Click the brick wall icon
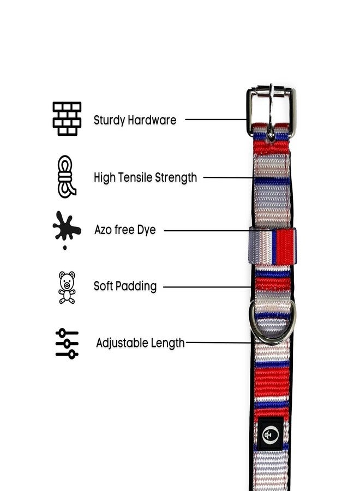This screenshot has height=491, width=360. (x=67, y=119)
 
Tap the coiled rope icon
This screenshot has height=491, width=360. (x=67, y=177)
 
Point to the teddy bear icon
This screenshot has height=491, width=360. (x=67, y=288)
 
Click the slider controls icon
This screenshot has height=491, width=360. (x=67, y=344)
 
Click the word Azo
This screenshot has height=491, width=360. (x=103, y=230)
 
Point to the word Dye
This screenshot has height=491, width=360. (x=146, y=230)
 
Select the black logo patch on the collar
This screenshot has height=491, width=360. (x=271, y=434)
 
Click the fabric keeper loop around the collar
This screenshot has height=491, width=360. (x=272, y=246)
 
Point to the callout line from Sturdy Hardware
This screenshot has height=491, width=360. (x=216, y=119)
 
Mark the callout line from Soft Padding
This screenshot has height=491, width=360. (x=207, y=287)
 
